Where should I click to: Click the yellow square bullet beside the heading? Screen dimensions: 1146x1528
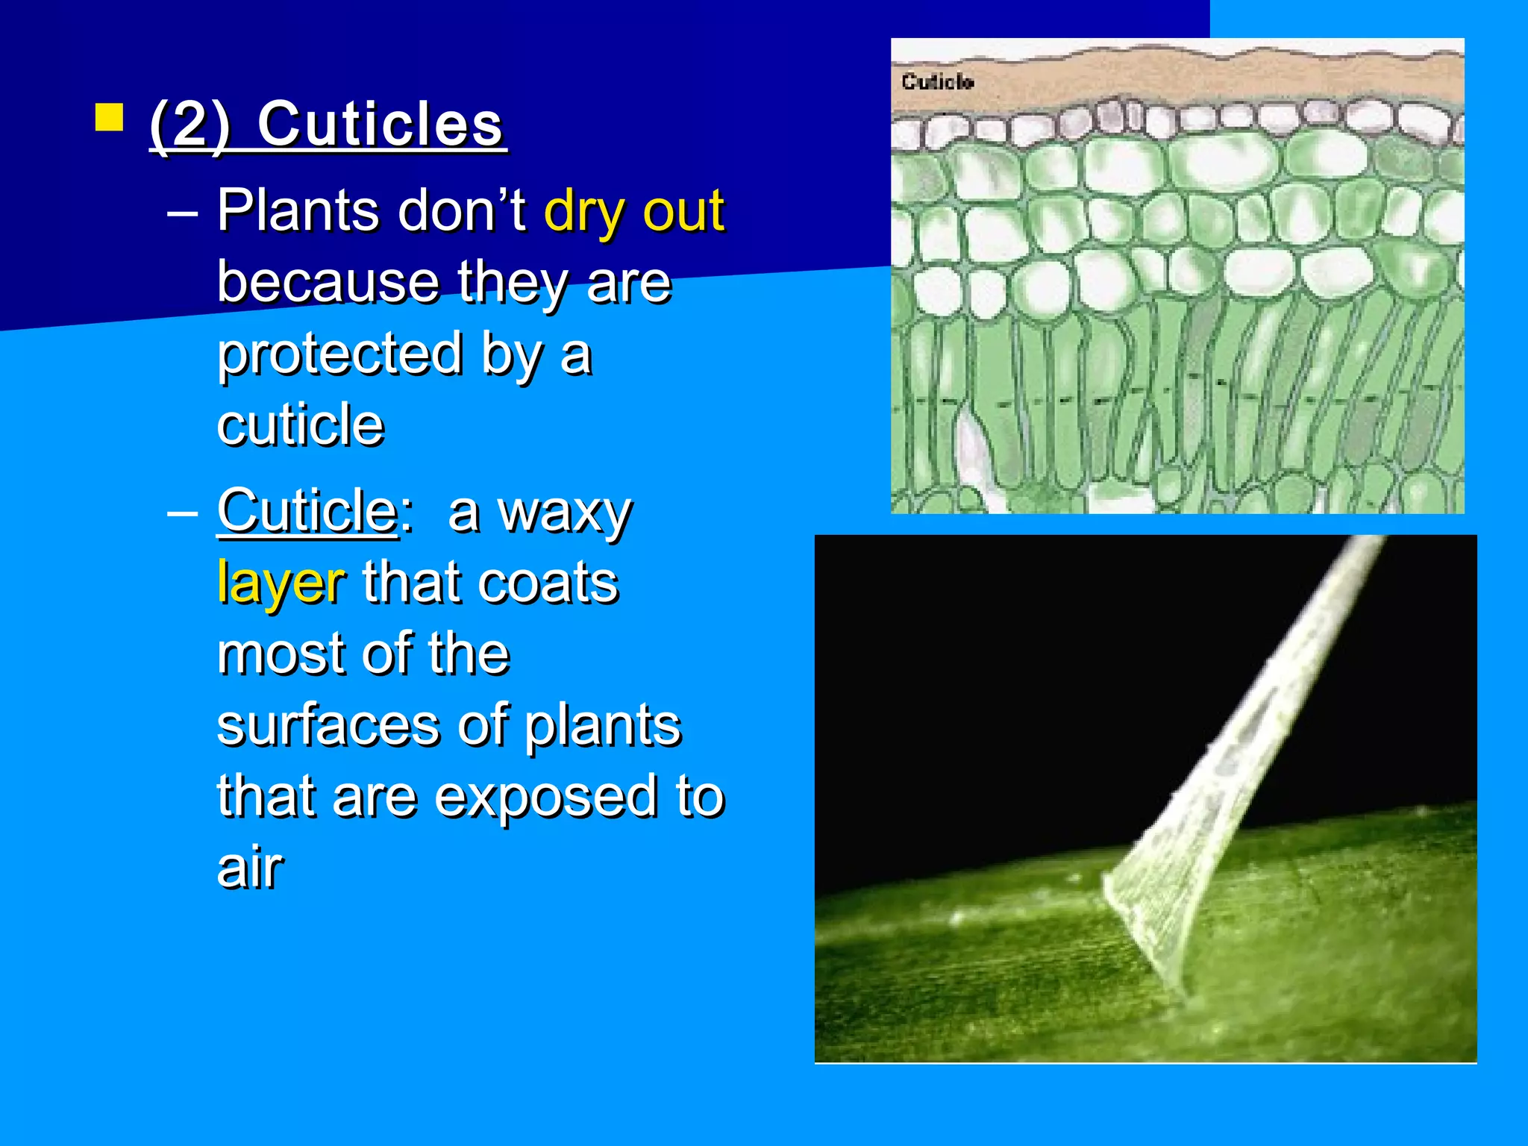(x=109, y=118)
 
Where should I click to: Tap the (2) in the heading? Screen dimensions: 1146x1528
(x=190, y=125)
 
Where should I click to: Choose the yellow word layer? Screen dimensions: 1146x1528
(x=281, y=583)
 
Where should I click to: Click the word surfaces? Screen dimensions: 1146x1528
(x=328, y=725)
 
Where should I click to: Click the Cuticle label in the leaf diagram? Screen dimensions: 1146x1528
(x=937, y=81)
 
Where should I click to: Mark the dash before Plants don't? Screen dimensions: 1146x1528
(x=182, y=215)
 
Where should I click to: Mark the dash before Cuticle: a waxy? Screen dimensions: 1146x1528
(x=182, y=515)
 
